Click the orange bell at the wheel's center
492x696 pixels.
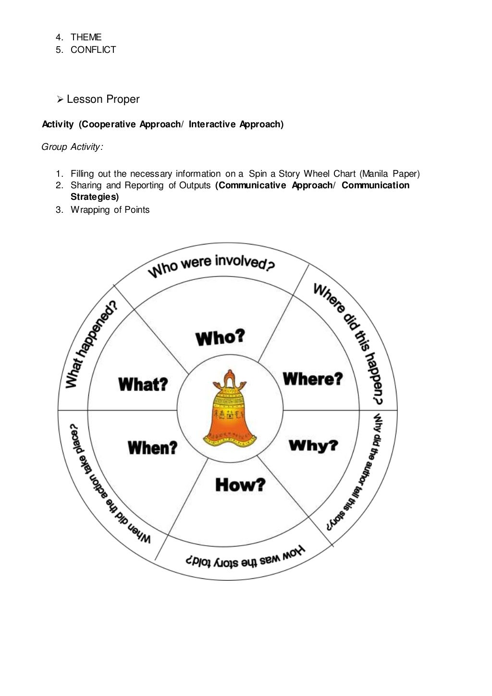229,411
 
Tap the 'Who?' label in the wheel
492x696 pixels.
220,337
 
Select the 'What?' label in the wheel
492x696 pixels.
143,384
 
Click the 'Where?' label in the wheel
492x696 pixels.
313,379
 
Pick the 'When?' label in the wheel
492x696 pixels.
152,448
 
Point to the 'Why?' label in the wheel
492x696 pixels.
313,446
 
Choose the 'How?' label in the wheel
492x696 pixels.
240,484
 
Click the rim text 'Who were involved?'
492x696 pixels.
211,265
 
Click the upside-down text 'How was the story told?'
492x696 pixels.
246,558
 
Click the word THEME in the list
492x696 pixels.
86,37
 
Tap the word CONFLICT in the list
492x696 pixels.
93,49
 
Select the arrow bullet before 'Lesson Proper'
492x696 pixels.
60,99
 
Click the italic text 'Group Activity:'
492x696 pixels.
72,147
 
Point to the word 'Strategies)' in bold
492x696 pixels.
95,197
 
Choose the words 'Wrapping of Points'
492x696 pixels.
110,210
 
